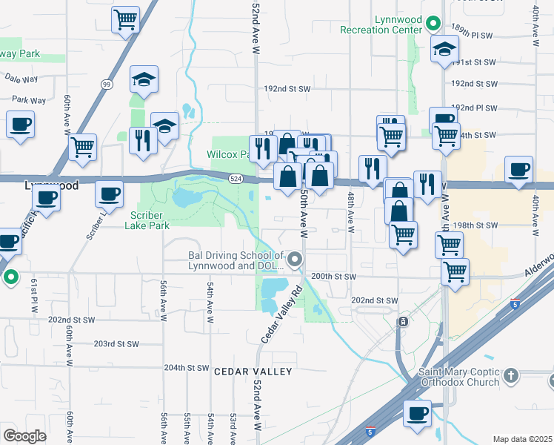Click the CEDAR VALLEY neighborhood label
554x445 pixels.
(x=253, y=371)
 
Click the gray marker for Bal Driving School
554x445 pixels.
(x=295, y=260)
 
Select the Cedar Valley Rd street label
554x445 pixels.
(x=281, y=314)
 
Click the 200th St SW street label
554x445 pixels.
(x=334, y=276)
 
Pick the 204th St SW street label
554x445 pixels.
(x=187, y=367)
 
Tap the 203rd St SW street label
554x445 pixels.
(x=116, y=343)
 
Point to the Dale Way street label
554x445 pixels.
(x=19, y=76)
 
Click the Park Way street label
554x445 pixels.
(x=29, y=100)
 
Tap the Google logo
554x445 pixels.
(x=24, y=436)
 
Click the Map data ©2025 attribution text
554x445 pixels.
(x=521, y=439)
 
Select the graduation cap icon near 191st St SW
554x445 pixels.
(x=444, y=50)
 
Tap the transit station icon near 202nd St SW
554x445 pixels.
(x=403, y=322)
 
